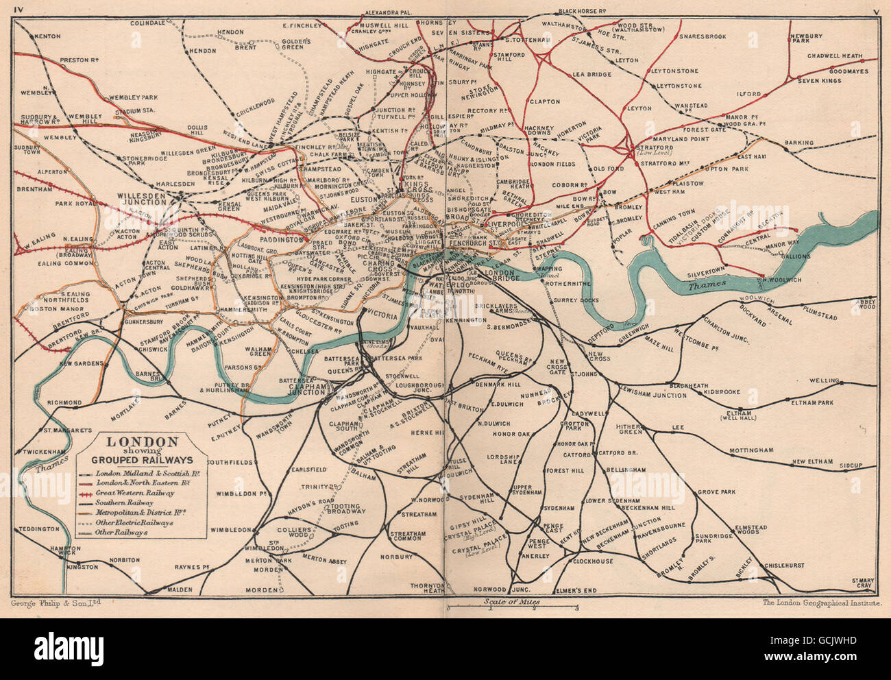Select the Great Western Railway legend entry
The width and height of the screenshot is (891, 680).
(x=135, y=492)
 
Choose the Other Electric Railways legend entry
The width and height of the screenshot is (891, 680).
(x=134, y=522)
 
